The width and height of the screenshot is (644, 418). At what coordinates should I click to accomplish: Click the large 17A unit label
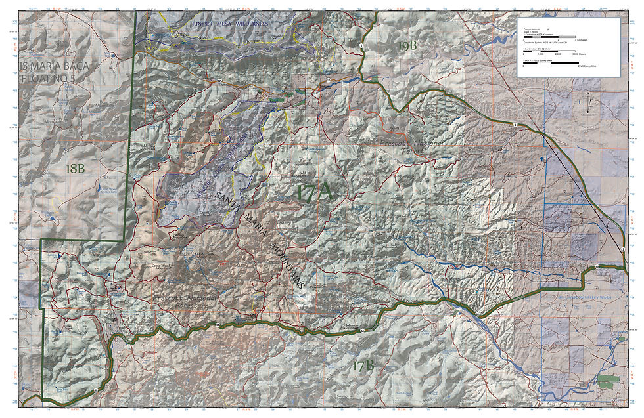click(x=315, y=193)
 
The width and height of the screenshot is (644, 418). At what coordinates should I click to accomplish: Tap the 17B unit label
click(x=362, y=366)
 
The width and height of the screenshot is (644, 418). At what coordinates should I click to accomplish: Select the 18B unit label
click(x=76, y=168)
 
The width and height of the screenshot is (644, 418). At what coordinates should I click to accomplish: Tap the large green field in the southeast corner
click(x=608, y=380)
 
